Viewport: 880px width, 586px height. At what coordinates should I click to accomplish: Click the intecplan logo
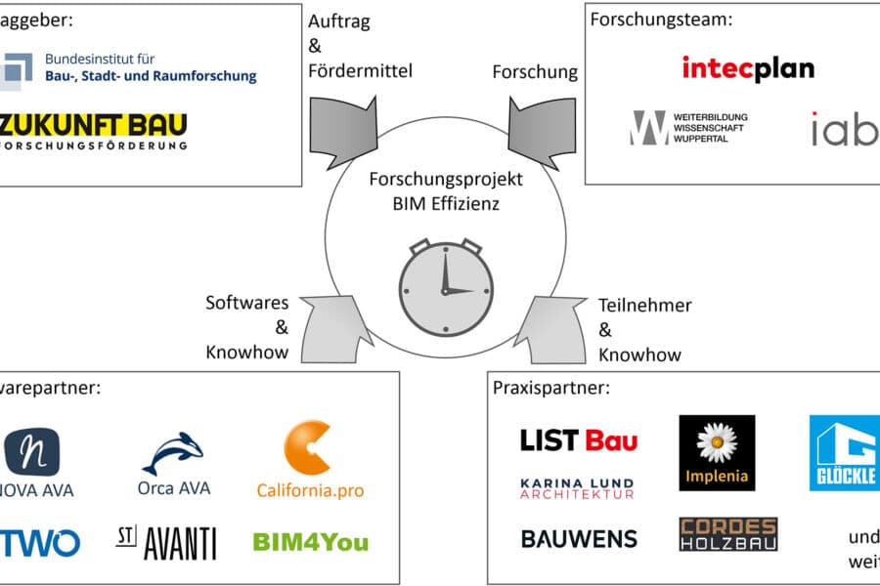pyautogui.click(x=748, y=68)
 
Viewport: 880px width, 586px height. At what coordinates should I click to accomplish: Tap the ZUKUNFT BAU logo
pyautogui.click(x=94, y=131)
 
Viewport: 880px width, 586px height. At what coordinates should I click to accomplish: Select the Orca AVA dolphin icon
pyautogui.click(x=174, y=453)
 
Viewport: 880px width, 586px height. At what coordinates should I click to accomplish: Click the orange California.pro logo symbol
pyautogui.click(x=308, y=447)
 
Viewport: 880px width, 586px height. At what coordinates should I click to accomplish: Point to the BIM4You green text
pyautogui.click(x=310, y=541)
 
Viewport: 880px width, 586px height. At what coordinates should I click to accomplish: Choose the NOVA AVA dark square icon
pyautogui.click(x=31, y=450)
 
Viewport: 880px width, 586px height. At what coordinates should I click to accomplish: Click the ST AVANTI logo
pyautogui.click(x=165, y=541)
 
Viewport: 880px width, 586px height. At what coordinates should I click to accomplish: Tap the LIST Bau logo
pyautogui.click(x=578, y=440)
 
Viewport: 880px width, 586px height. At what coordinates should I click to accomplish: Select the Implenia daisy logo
pyautogui.click(x=717, y=452)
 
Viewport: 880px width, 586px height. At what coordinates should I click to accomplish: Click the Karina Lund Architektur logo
pyautogui.click(x=577, y=488)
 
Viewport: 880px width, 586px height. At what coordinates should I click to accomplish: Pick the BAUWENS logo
pyautogui.click(x=578, y=538)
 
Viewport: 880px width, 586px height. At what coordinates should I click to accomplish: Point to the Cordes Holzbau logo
pyautogui.click(x=728, y=534)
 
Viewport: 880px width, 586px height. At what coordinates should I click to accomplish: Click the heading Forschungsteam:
pyautogui.click(x=662, y=18)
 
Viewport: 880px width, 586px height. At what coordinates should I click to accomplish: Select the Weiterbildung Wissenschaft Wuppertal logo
pyautogui.click(x=688, y=128)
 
